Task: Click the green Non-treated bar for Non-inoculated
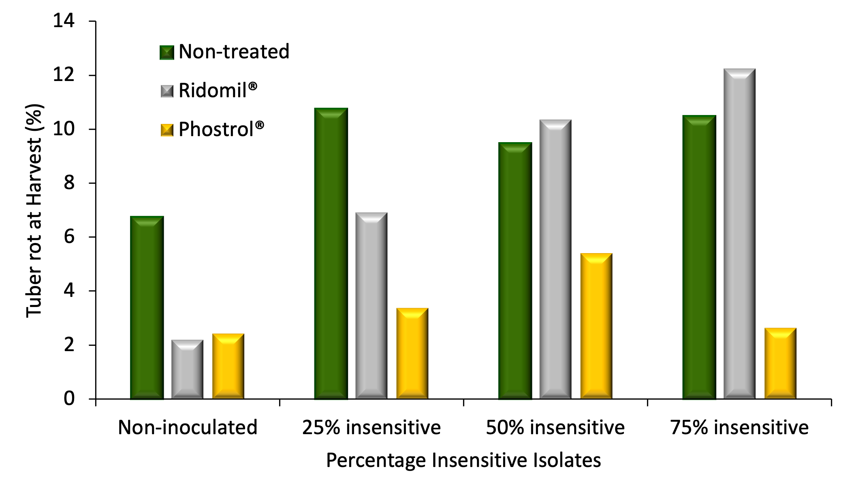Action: click(x=147, y=308)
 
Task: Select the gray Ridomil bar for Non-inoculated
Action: click(x=187, y=369)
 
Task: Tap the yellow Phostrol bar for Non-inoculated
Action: click(x=228, y=367)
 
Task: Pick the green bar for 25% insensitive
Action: click(x=331, y=254)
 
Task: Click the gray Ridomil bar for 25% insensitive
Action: click(x=371, y=306)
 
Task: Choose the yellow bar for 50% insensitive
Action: click(x=596, y=326)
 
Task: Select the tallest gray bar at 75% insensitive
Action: click(x=739, y=234)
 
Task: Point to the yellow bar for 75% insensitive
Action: click(x=780, y=363)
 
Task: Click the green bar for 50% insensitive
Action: click(x=515, y=271)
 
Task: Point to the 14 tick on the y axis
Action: click(x=64, y=21)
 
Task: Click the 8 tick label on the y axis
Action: click(x=69, y=183)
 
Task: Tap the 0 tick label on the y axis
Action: click(x=69, y=399)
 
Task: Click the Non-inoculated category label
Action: click(x=188, y=428)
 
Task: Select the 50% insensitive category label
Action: click(x=555, y=428)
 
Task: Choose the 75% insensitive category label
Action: click(x=739, y=428)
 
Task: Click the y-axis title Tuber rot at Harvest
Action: click(x=34, y=211)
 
